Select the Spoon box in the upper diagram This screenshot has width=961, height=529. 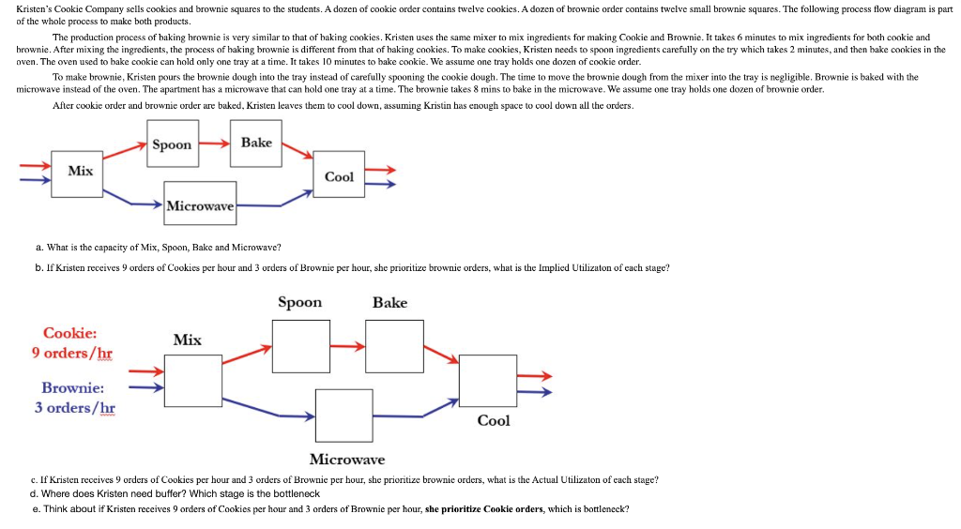pos(173,144)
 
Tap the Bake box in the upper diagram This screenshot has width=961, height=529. pos(255,143)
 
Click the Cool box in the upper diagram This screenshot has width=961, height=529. pos(339,176)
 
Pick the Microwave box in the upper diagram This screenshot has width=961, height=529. pos(200,204)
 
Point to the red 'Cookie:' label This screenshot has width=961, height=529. pos(69,333)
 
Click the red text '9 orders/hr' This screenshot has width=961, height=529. pos(71,354)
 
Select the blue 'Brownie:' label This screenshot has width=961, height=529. pos(72,387)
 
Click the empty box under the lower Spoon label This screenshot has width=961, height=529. pos(300,346)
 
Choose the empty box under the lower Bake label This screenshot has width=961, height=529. pos(395,346)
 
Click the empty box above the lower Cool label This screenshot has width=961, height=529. pos(487,381)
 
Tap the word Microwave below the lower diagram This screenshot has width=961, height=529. pos(347,460)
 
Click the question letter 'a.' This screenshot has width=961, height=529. pos(38,248)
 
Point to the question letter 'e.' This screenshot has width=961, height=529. pos(34,508)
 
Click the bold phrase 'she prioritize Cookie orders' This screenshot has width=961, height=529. pos(484,508)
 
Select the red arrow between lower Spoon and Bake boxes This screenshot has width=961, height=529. pos(347,346)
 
